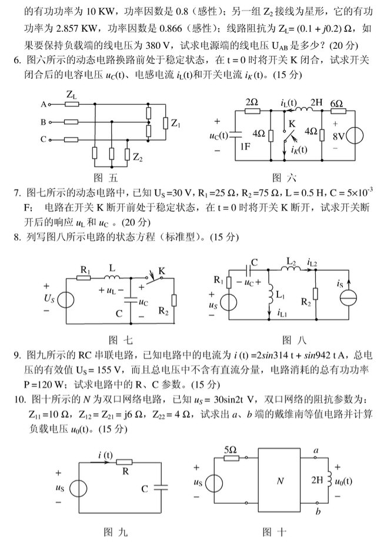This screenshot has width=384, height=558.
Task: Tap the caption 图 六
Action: coord(285,177)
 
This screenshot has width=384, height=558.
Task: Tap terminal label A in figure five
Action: coord(43,105)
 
